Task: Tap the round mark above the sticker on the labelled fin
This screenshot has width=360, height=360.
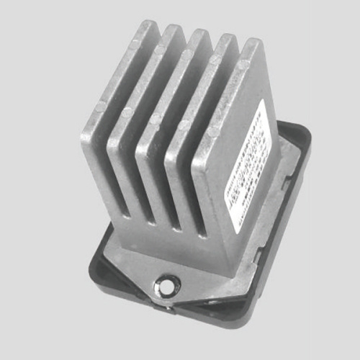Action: click(245, 65)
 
